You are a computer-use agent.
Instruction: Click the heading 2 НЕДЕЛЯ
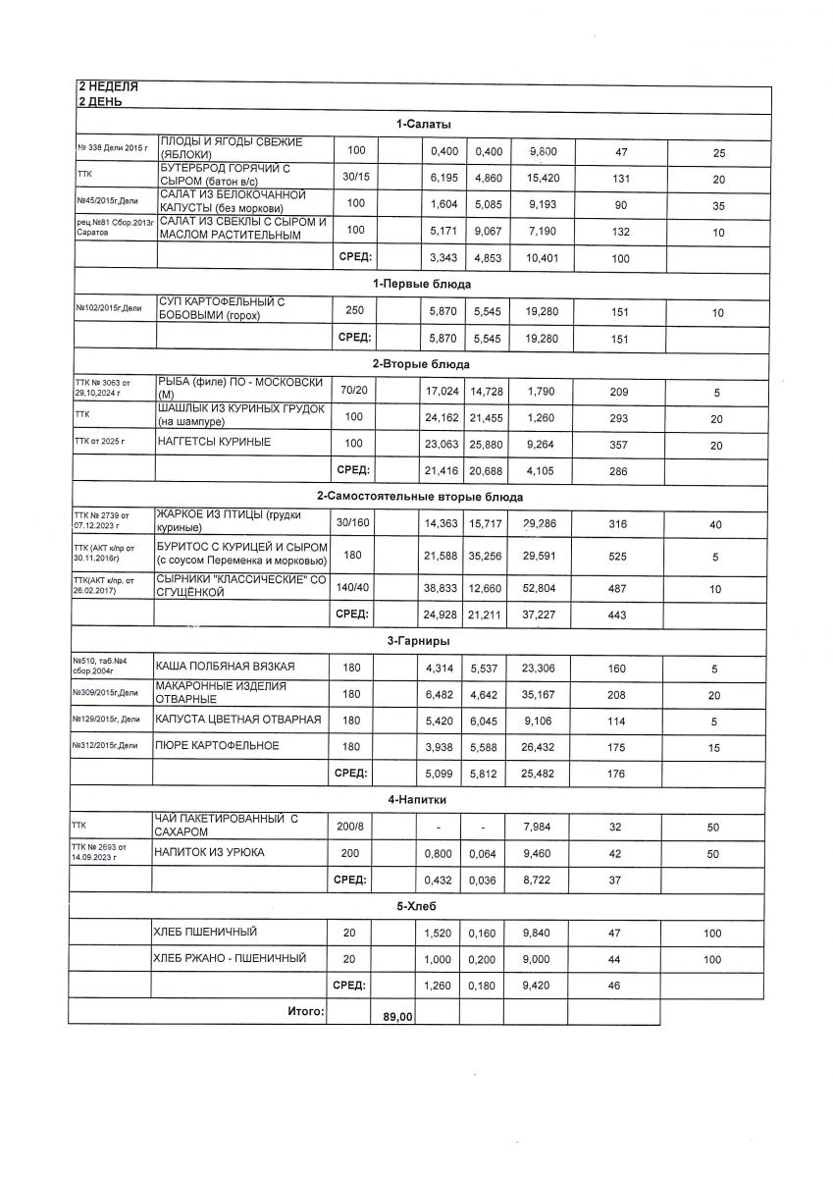108,87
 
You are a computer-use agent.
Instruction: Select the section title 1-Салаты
424,124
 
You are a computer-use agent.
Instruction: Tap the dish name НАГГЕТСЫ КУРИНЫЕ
214,443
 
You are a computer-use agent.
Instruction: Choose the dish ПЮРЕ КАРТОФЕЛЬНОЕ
217,746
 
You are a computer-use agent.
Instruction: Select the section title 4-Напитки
419,800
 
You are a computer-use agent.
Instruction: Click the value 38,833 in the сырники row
442,589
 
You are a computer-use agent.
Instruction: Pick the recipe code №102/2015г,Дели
108,309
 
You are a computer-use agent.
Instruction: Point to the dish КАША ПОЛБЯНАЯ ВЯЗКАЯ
225,668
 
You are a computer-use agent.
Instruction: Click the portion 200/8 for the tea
350,826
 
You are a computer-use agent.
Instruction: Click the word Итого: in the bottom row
305,1010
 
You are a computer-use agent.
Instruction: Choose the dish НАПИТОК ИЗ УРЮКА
209,852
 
